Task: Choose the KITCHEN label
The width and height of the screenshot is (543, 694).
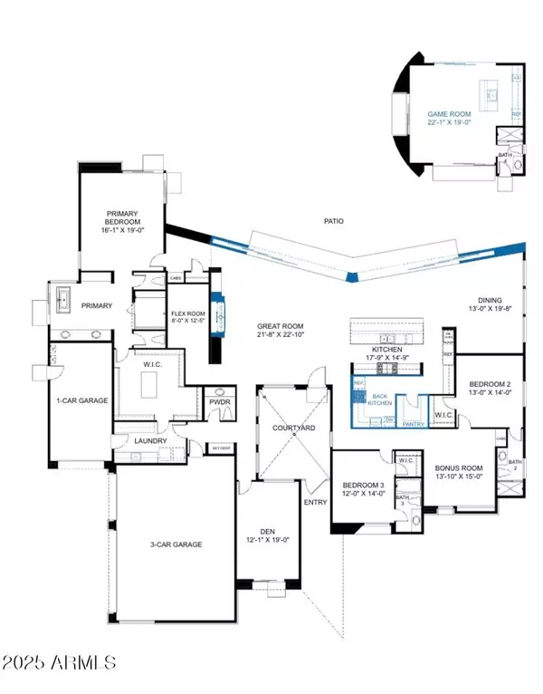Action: [393, 348]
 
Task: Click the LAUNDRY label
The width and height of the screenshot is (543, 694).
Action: [146, 441]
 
